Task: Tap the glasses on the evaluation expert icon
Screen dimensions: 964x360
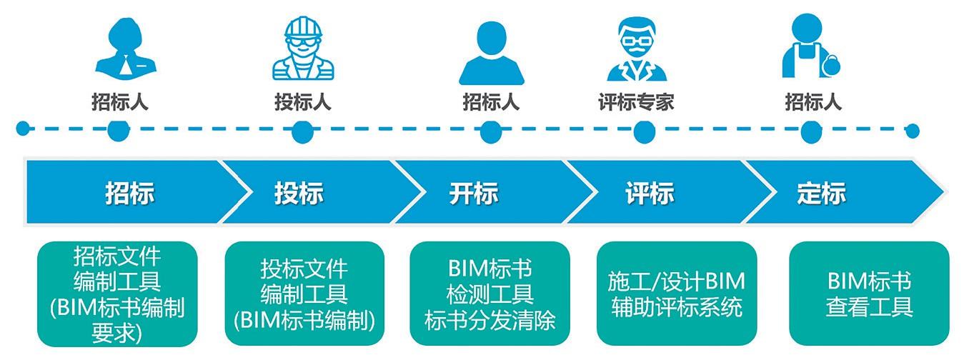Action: pyautogui.click(x=637, y=41)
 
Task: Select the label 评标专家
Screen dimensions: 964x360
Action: pyautogui.click(x=636, y=102)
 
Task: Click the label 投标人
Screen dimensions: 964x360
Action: pyautogui.click(x=303, y=102)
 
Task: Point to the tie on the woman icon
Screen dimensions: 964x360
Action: pyautogui.click(x=125, y=66)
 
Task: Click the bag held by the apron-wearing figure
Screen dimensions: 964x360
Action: pyautogui.click(x=830, y=66)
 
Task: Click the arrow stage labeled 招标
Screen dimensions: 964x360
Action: pyautogui.click(x=130, y=192)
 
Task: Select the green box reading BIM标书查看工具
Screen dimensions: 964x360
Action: pyautogui.click(x=869, y=294)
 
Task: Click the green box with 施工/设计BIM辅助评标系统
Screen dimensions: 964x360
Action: pyautogui.click(x=677, y=294)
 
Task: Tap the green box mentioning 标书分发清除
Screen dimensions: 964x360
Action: pyautogui.click(x=490, y=294)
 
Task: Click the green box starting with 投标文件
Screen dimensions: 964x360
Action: pyautogui.click(x=304, y=294)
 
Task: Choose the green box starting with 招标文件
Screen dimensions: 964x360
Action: pyautogui.click(x=117, y=294)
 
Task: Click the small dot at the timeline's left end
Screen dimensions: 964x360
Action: pyautogui.click(x=23, y=128)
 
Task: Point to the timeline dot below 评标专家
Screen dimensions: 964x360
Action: pyautogui.click(x=645, y=131)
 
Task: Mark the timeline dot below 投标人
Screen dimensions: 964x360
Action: pyautogui.click(x=302, y=131)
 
